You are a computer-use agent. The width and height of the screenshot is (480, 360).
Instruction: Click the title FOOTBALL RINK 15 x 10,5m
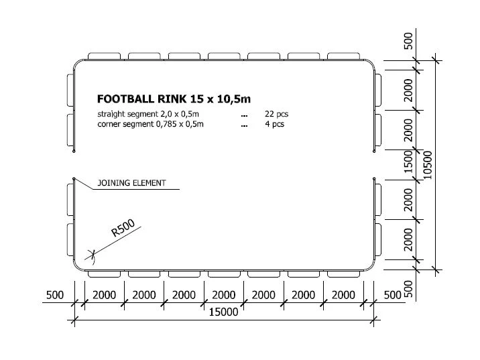[x=174, y=99]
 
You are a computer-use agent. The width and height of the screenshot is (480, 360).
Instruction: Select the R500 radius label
[x=123, y=228]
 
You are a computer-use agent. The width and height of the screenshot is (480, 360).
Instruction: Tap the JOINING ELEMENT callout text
[x=131, y=183]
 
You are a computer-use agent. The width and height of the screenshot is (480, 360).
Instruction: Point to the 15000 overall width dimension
[x=223, y=312]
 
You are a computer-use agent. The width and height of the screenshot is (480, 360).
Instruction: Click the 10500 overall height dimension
[x=427, y=165]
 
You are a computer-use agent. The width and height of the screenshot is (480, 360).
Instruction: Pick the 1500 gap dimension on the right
[x=409, y=162]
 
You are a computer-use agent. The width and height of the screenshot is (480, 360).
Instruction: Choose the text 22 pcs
[x=277, y=114]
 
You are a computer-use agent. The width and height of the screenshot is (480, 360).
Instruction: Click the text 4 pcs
[x=275, y=124]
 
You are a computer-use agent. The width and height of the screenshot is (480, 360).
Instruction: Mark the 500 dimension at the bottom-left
[x=55, y=295]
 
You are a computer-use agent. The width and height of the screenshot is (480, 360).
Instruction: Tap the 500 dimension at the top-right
[x=408, y=41]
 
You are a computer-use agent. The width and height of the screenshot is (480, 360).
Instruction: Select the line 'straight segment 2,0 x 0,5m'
[x=148, y=114]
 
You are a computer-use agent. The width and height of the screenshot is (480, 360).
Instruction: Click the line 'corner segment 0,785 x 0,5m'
[x=150, y=124]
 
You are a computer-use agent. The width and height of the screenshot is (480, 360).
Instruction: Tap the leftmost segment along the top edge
[x=104, y=56]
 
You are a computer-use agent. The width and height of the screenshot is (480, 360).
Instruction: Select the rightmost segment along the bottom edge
[x=343, y=274]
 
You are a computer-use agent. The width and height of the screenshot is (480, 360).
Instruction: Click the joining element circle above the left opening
[x=74, y=152]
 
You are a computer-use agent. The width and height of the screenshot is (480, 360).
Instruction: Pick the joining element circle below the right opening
[x=374, y=179]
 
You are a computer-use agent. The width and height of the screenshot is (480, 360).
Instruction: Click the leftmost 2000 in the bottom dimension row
[x=104, y=295]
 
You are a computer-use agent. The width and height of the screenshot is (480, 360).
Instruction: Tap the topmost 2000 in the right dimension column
[x=409, y=90]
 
